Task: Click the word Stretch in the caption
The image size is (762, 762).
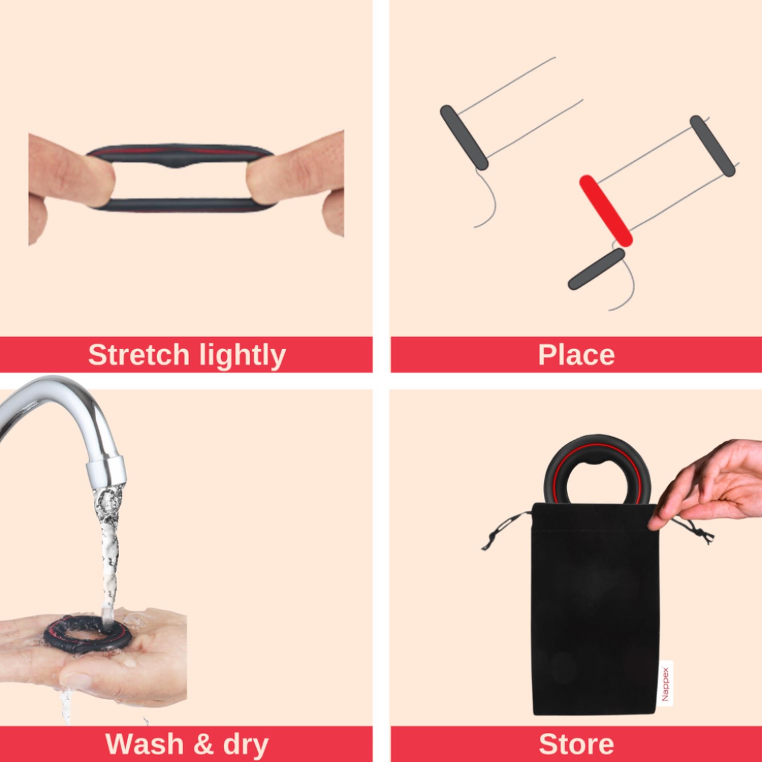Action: click(x=138, y=355)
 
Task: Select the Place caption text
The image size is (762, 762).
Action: click(x=576, y=355)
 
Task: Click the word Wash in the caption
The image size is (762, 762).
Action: click(x=144, y=744)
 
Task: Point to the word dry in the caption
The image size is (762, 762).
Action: click(x=245, y=744)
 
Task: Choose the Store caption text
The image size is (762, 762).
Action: click(x=576, y=744)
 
